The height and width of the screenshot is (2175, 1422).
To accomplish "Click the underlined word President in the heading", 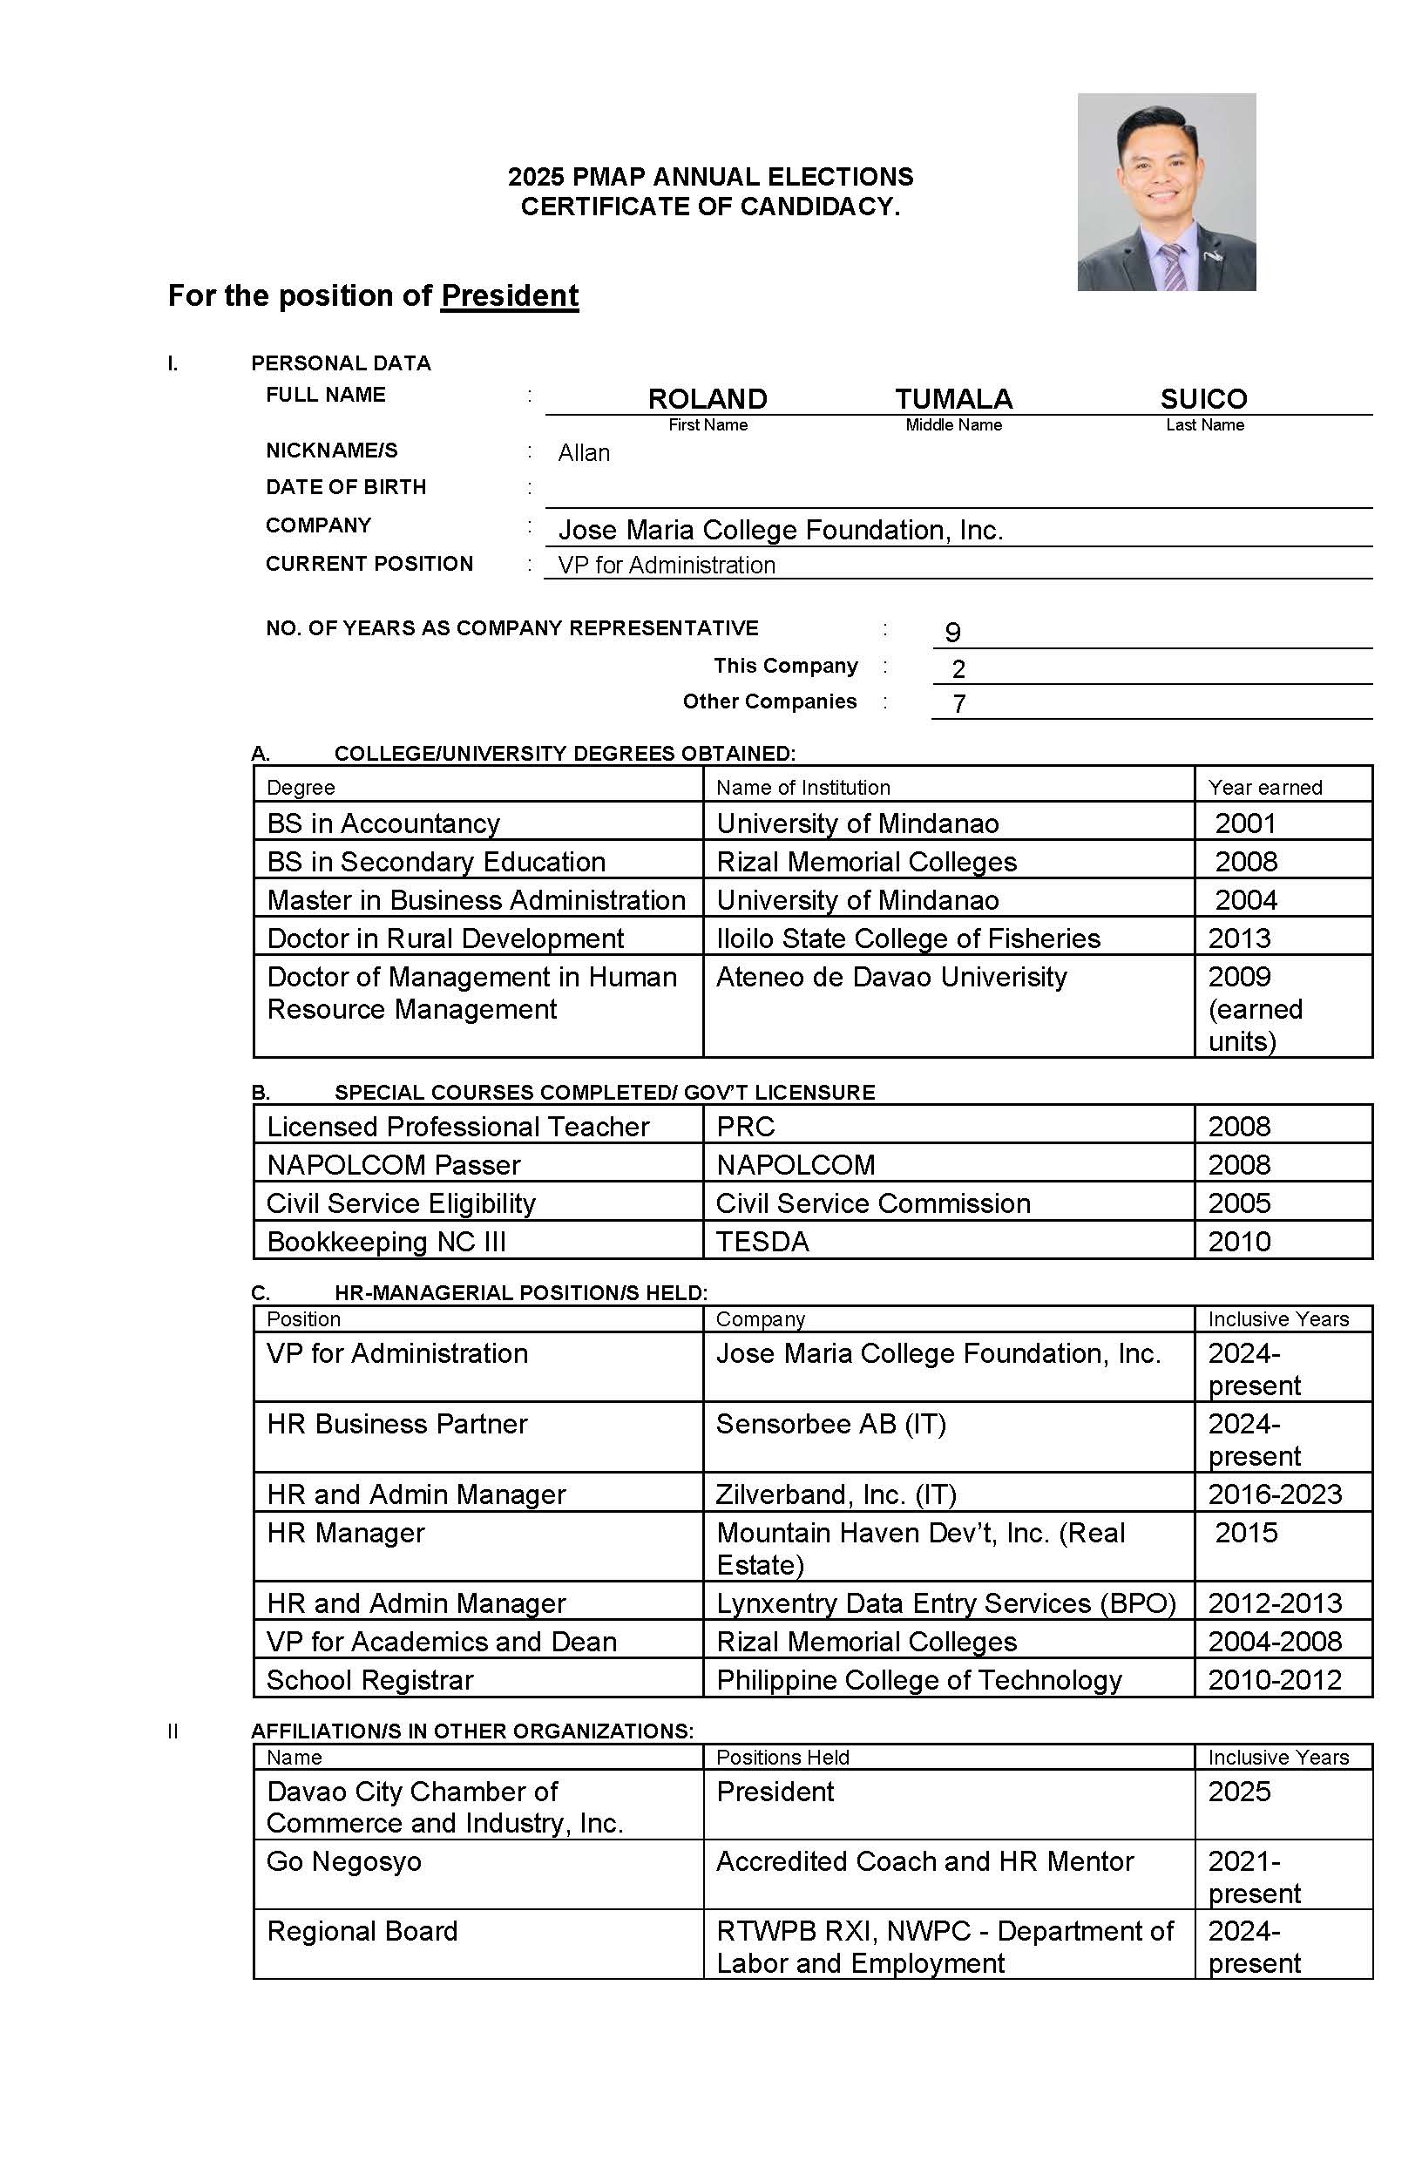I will [x=509, y=296].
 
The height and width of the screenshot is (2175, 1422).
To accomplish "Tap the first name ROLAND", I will [x=707, y=399].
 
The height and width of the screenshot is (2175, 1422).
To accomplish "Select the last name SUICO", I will [x=1202, y=399].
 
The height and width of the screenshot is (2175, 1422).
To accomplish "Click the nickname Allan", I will [x=583, y=453].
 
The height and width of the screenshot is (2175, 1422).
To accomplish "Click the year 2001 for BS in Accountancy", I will [x=1245, y=823].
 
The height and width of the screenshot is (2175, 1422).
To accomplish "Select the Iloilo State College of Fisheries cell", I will [x=908, y=938].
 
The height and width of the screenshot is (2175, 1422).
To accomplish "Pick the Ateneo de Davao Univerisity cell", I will [x=891, y=977].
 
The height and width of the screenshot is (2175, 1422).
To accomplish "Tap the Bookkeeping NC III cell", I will [x=386, y=1242].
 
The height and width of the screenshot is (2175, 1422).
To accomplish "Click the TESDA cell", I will [x=762, y=1242].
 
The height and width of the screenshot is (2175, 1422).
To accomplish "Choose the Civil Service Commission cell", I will [x=873, y=1203].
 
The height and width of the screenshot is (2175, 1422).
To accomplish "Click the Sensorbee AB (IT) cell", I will [x=830, y=1424].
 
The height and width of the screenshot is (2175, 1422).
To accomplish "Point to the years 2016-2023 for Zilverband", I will [x=1274, y=1494].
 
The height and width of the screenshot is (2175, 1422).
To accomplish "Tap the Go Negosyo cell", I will [x=343, y=1861].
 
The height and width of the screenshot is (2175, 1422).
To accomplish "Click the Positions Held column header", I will [x=782, y=1758].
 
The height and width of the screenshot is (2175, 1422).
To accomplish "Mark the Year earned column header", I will [x=1264, y=788].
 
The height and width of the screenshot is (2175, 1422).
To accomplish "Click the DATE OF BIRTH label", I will [x=345, y=487].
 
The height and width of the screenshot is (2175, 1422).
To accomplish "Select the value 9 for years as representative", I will [x=952, y=633].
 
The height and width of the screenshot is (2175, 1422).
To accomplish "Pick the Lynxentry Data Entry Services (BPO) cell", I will [x=945, y=1602].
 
